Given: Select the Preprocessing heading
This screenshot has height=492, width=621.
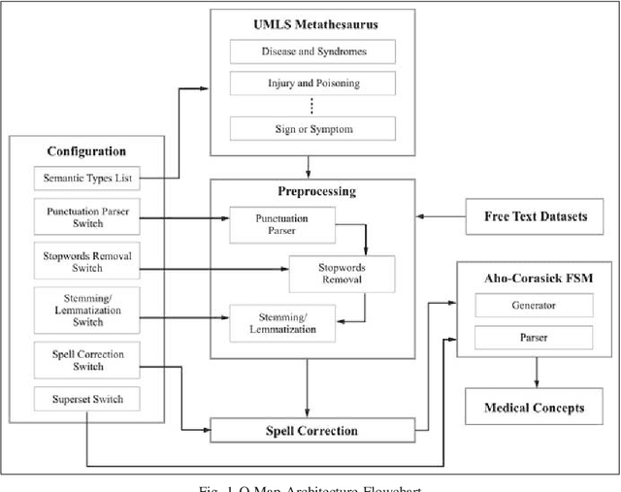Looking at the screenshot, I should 312,192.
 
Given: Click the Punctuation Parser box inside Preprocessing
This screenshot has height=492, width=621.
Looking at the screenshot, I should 281,224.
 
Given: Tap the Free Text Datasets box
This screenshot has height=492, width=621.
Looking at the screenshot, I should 536,215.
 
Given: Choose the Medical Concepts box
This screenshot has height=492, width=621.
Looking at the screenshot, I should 536,408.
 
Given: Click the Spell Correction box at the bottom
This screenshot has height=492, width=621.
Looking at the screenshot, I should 312,430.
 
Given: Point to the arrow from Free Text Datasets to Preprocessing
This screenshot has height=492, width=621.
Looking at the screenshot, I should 441,215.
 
